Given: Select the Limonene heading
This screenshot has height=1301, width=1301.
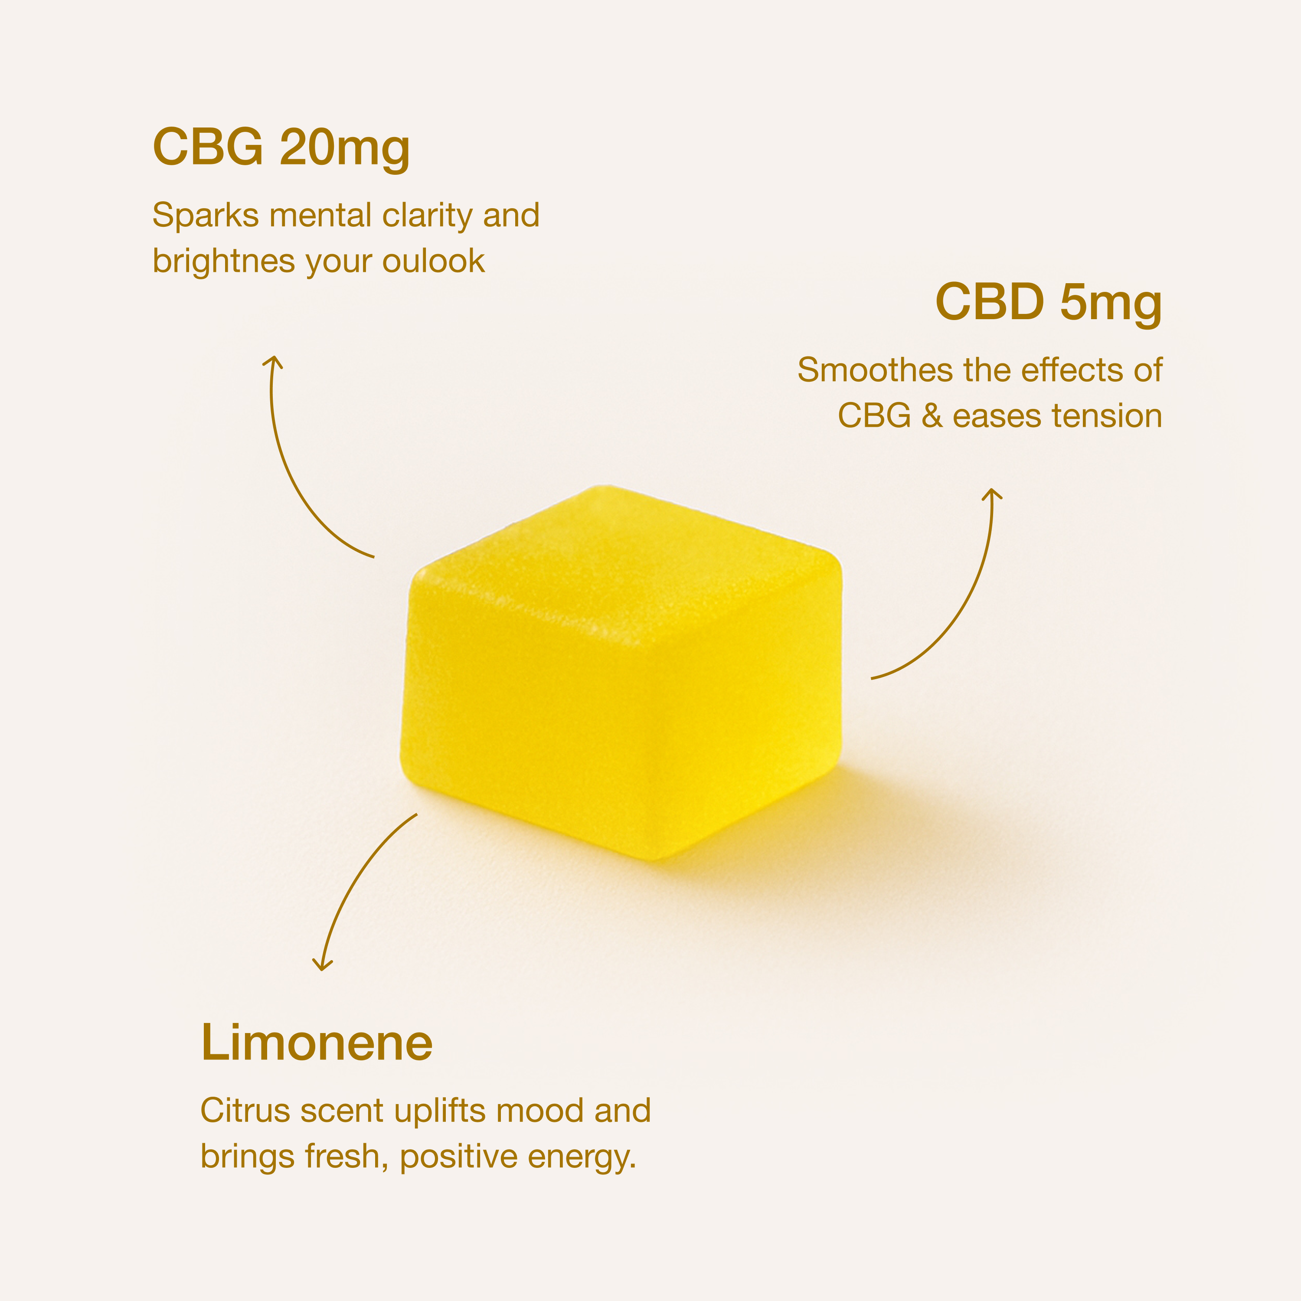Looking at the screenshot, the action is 317,1043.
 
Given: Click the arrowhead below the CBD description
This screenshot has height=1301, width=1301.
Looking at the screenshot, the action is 991,495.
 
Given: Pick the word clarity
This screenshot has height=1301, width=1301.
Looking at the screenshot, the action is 427,216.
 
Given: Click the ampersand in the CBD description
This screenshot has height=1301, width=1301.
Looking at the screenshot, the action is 932,416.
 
